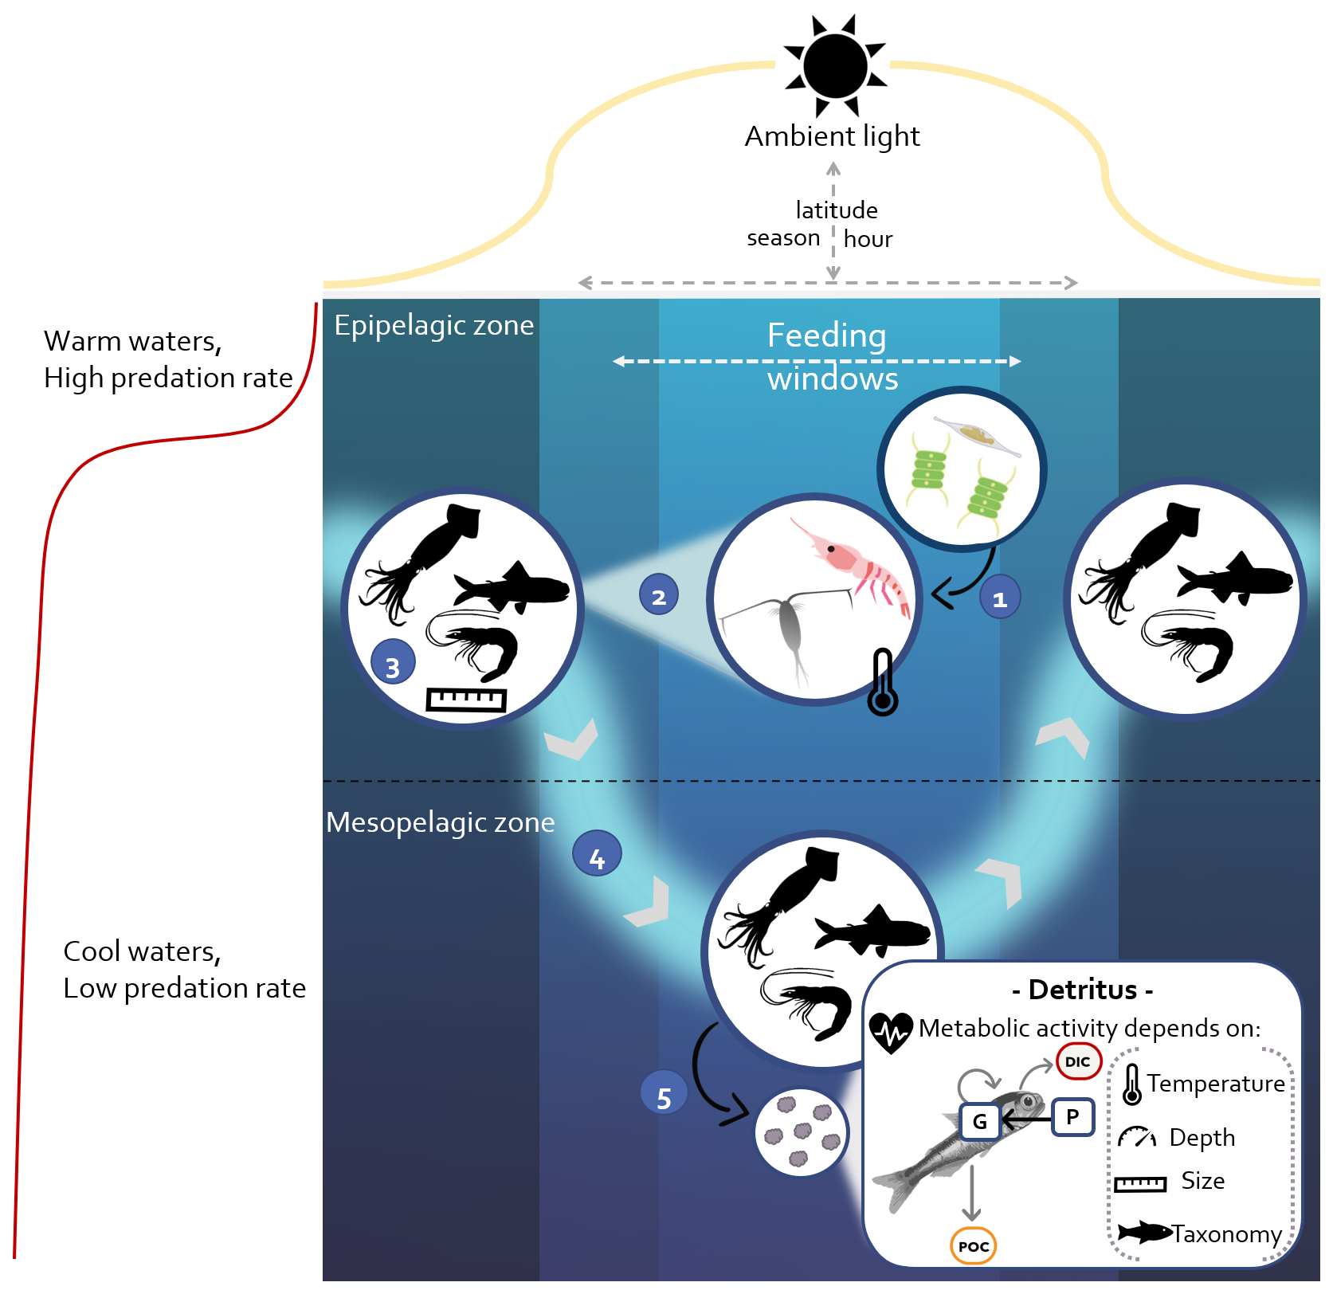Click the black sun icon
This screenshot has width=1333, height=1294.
[x=835, y=66]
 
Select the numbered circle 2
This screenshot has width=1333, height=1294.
[x=659, y=595]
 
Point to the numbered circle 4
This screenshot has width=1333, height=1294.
[x=597, y=853]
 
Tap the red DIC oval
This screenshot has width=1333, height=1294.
[x=1078, y=1061]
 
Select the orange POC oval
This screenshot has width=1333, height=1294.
[x=974, y=1246]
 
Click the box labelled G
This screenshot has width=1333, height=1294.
[x=979, y=1122]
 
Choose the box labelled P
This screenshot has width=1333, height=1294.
[x=1072, y=1116]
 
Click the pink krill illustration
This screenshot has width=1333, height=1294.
[x=857, y=566]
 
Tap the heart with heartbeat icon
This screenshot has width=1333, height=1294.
[x=891, y=1033]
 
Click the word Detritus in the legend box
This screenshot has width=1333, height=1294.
[x=1082, y=990]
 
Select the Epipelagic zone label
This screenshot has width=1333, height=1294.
[x=433, y=325]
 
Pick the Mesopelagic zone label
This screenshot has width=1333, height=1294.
[x=440, y=822]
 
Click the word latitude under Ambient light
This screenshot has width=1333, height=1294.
[x=836, y=210]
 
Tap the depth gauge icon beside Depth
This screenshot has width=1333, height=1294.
[x=1136, y=1137]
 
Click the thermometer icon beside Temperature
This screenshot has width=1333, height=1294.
[x=1131, y=1084]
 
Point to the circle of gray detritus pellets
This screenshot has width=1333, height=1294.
[x=802, y=1132]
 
